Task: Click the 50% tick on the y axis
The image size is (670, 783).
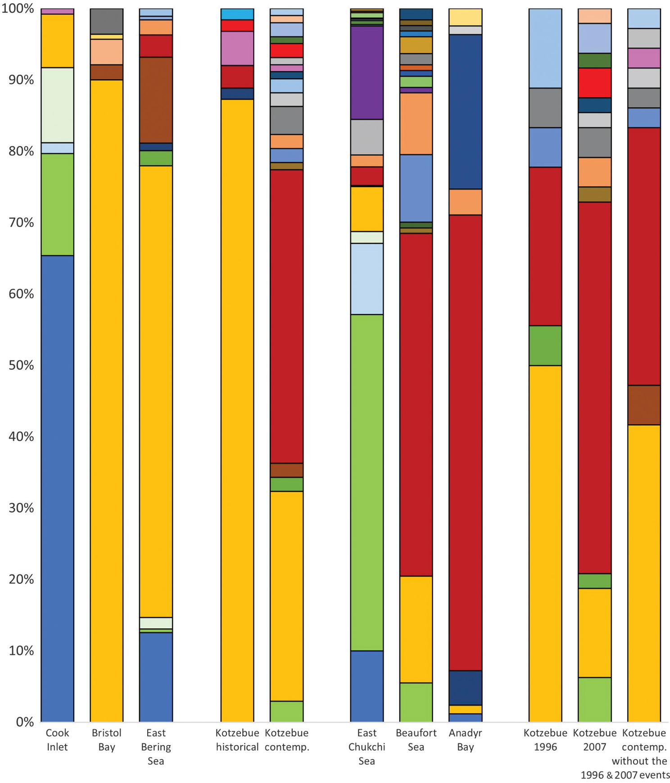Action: click(x=21, y=365)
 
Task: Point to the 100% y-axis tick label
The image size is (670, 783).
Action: click(x=18, y=9)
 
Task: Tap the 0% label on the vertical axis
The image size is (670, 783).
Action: click(x=25, y=722)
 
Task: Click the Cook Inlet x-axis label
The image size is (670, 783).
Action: click(x=57, y=740)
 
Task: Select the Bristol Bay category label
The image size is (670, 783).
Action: click(x=107, y=740)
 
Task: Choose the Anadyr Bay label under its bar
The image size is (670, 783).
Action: click(x=465, y=740)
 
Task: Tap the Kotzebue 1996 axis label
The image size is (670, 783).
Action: click(x=545, y=740)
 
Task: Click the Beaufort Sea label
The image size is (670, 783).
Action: click(x=416, y=740)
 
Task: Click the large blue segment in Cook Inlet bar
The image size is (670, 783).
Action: click(x=57, y=487)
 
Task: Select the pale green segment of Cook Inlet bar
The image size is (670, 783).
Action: click(x=57, y=105)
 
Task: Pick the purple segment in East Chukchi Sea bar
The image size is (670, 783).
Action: click(x=367, y=72)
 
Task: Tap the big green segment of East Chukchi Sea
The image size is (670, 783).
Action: click(x=367, y=482)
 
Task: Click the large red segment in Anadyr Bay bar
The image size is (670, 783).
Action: click(x=465, y=442)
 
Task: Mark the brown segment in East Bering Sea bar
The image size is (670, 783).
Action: click(x=156, y=100)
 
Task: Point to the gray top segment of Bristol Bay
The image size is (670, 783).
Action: click(x=107, y=21)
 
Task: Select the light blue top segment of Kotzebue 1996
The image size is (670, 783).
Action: click(x=545, y=48)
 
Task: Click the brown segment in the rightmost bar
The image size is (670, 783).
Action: click(x=644, y=405)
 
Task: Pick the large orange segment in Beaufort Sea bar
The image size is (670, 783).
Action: click(x=416, y=123)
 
